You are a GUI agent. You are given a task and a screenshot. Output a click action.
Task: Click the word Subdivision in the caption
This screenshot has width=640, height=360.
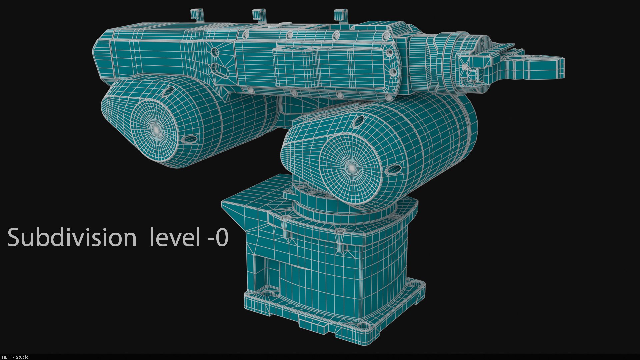pos(72,237)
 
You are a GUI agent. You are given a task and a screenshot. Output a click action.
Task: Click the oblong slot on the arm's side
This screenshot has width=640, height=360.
pos(220,70)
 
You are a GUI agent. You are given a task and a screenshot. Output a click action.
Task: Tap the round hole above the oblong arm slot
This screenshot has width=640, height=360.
pos(215,52)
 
